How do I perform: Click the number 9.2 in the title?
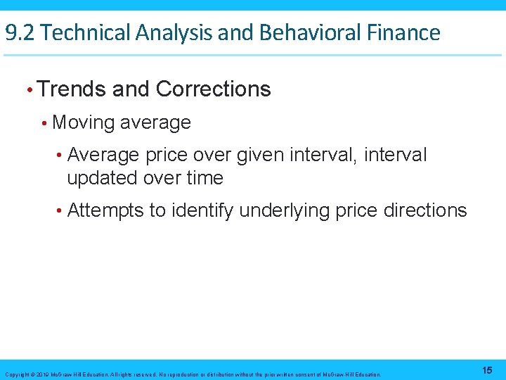pyautogui.click(x=19, y=32)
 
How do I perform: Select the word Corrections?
pyautogui.click(x=213, y=89)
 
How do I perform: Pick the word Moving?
pyautogui.click(x=83, y=122)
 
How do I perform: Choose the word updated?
pyautogui.click(x=103, y=179)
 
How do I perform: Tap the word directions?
pyautogui.click(x=427, y=210)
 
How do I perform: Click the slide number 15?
pyautogui.click(x=488, y=370)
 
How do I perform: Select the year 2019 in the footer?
pyautogui.click(x=39, y=374)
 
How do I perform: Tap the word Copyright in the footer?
pyautogui.click(x=16, y=374)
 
